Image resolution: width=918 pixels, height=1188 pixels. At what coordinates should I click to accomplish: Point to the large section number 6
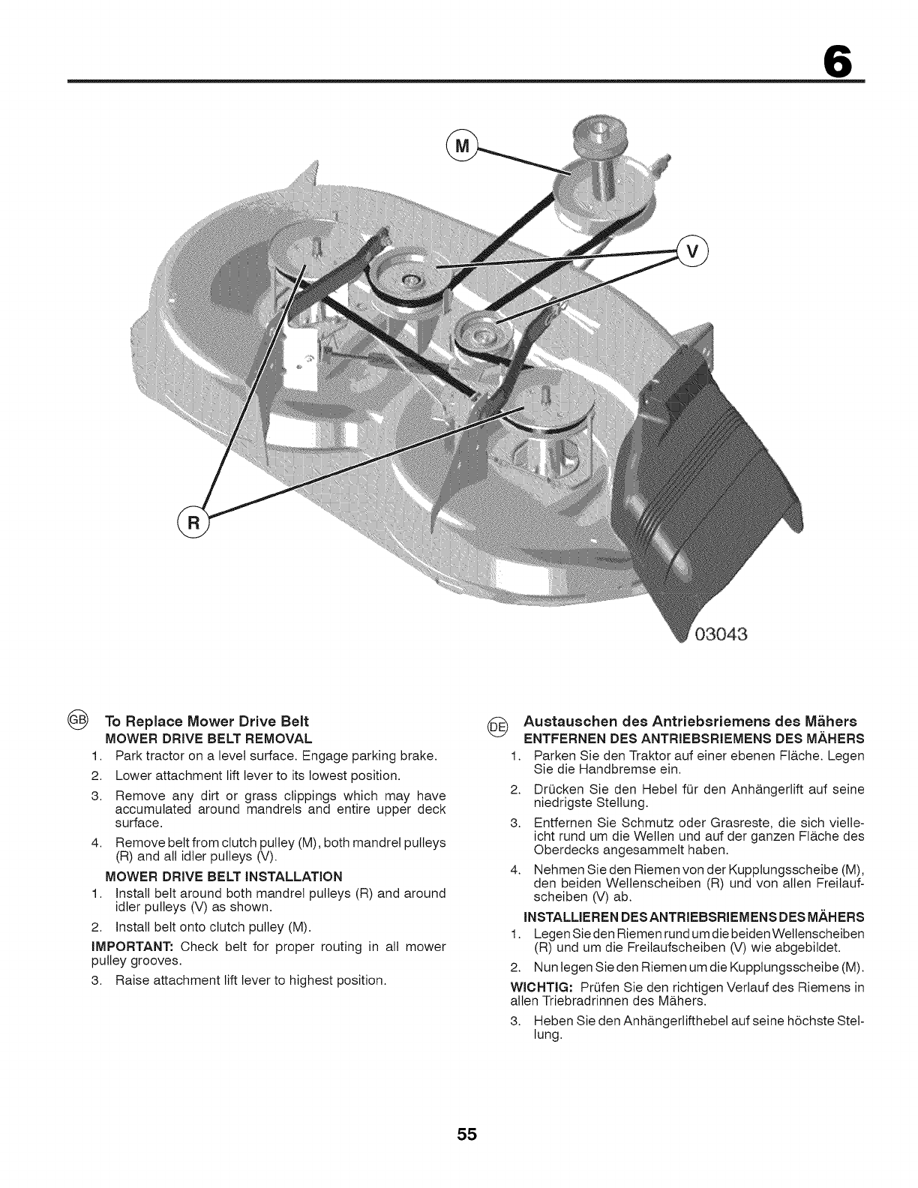coord(838,59)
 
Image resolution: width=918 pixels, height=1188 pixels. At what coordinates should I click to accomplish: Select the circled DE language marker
coord(498,725)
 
